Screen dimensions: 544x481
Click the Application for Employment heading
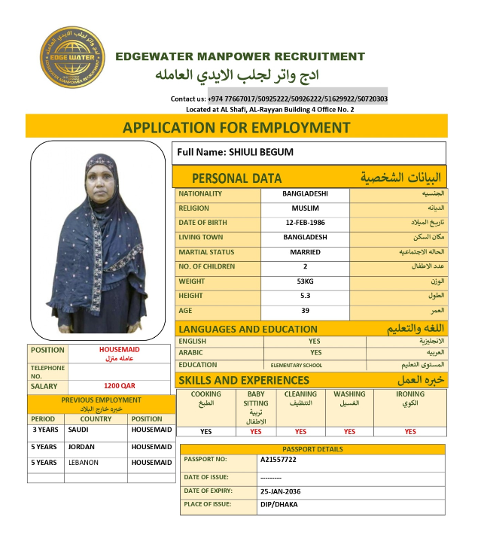tap(236, 127)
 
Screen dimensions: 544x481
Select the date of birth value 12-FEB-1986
tap(306, 223)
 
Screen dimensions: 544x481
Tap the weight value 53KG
tap(305, 281)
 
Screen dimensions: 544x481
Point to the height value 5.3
tap(305, 296)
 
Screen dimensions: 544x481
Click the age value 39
tap(305, 311)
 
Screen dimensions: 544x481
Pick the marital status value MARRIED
tap(305, 252)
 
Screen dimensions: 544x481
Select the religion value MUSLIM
tap(305, 208)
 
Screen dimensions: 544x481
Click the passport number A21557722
tap(279, 459)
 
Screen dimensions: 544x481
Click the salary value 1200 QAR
tap(119, 385)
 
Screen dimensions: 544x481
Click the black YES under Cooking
tap(205, 432)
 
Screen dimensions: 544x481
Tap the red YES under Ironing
tap(409, 432)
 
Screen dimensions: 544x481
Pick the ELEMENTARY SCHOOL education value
tap(297, 366)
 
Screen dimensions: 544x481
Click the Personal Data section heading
tap(236, 178)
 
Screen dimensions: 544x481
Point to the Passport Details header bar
tap(312, 449)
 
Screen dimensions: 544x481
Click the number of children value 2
tap(305, 266)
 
